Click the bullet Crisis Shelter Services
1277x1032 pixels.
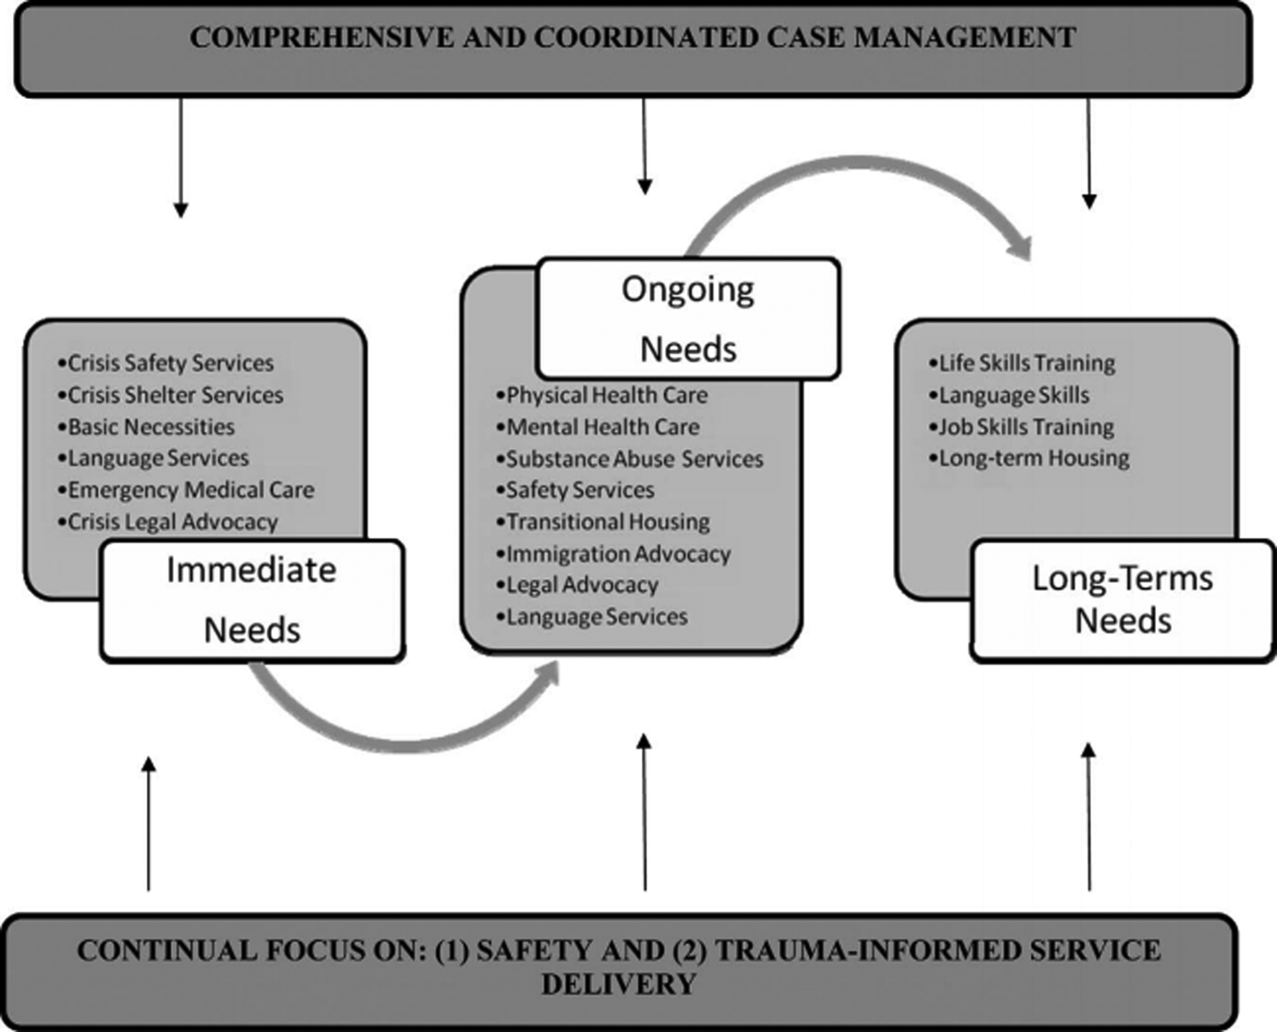click(x=175, y=395)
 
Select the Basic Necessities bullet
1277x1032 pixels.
click(x=151, y=427)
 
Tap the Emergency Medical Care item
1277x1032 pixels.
click(x=191, y=490)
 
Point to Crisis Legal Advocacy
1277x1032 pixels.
click(x=172, y=522)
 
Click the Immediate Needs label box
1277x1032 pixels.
click(x=252, y=600)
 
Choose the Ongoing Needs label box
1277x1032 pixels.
click(x=688, y=318)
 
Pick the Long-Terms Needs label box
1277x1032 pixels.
click(x=1122, y=600)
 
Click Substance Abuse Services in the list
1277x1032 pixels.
click(x=634, y=459)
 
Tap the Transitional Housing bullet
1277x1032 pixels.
click(x=608, y=522)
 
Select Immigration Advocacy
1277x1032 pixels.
click(x=618, y=554)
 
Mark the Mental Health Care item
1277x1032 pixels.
click(x=602, y=427)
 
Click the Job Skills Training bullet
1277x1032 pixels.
click(x=1026, y=427)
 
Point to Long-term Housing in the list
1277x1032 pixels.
click(x=1034, y=458)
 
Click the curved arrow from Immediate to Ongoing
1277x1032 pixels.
click(x=407, y=735)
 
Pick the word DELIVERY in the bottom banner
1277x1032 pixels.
click(x=618, y=984)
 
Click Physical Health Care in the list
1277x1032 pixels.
click(x=606, y=395)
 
